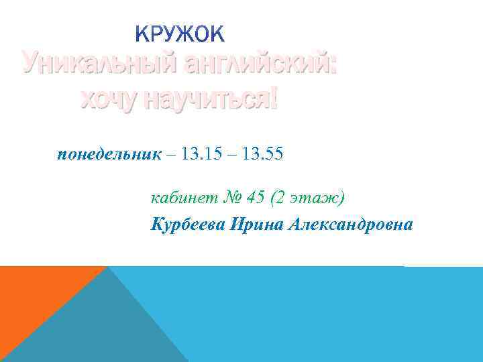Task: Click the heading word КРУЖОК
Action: click(x=180, y=34)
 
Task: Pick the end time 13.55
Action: click(x=260, y=155)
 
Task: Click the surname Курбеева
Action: click(x=189, y=223)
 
